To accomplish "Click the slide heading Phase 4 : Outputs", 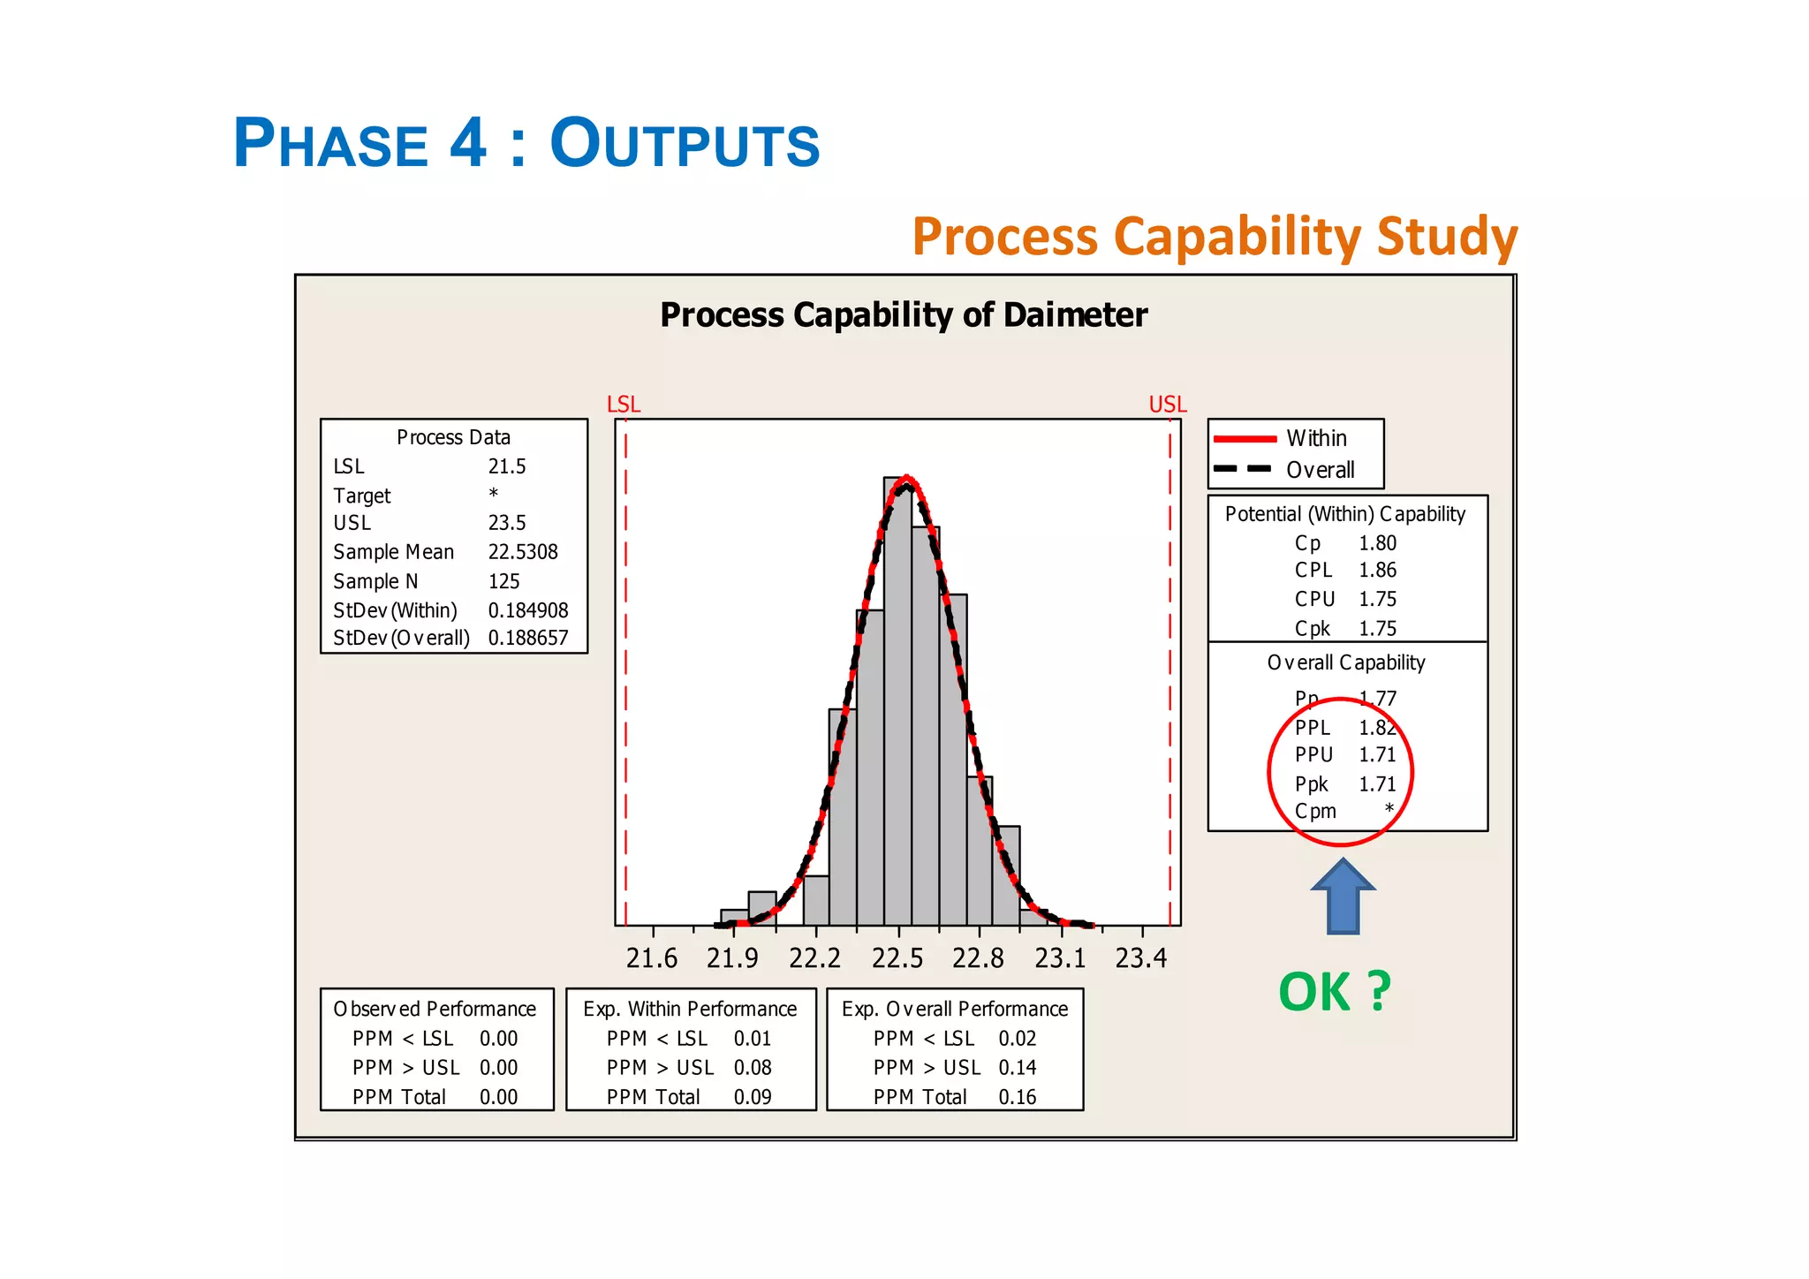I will click(526, 143).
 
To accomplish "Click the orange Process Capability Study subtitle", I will click(1215, 237).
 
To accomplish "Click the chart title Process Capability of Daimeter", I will click(904, 315).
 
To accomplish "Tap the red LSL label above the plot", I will click(624, 405).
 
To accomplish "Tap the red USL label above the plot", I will click(1167, 405).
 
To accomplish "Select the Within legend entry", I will click(1316, 438).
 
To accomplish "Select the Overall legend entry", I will click(1320, 470).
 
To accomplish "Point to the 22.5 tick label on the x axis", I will click(897, 958).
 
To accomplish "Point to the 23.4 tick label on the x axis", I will click(1141, 958).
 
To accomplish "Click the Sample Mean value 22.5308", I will click(523, 552).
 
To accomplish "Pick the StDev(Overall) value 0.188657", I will click(528, 638).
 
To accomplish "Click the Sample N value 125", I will click(504, 581).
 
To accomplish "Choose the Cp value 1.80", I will click(1377, 543).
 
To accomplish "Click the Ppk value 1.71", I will click(1377, 784).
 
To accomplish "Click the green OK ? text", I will click(1335, 992).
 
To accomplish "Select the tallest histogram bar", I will click(897, 707).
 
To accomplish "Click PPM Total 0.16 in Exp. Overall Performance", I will click(1017, 1097).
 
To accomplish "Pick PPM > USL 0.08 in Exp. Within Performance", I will click(753, 1068).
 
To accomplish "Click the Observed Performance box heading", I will click(435, 1009).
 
